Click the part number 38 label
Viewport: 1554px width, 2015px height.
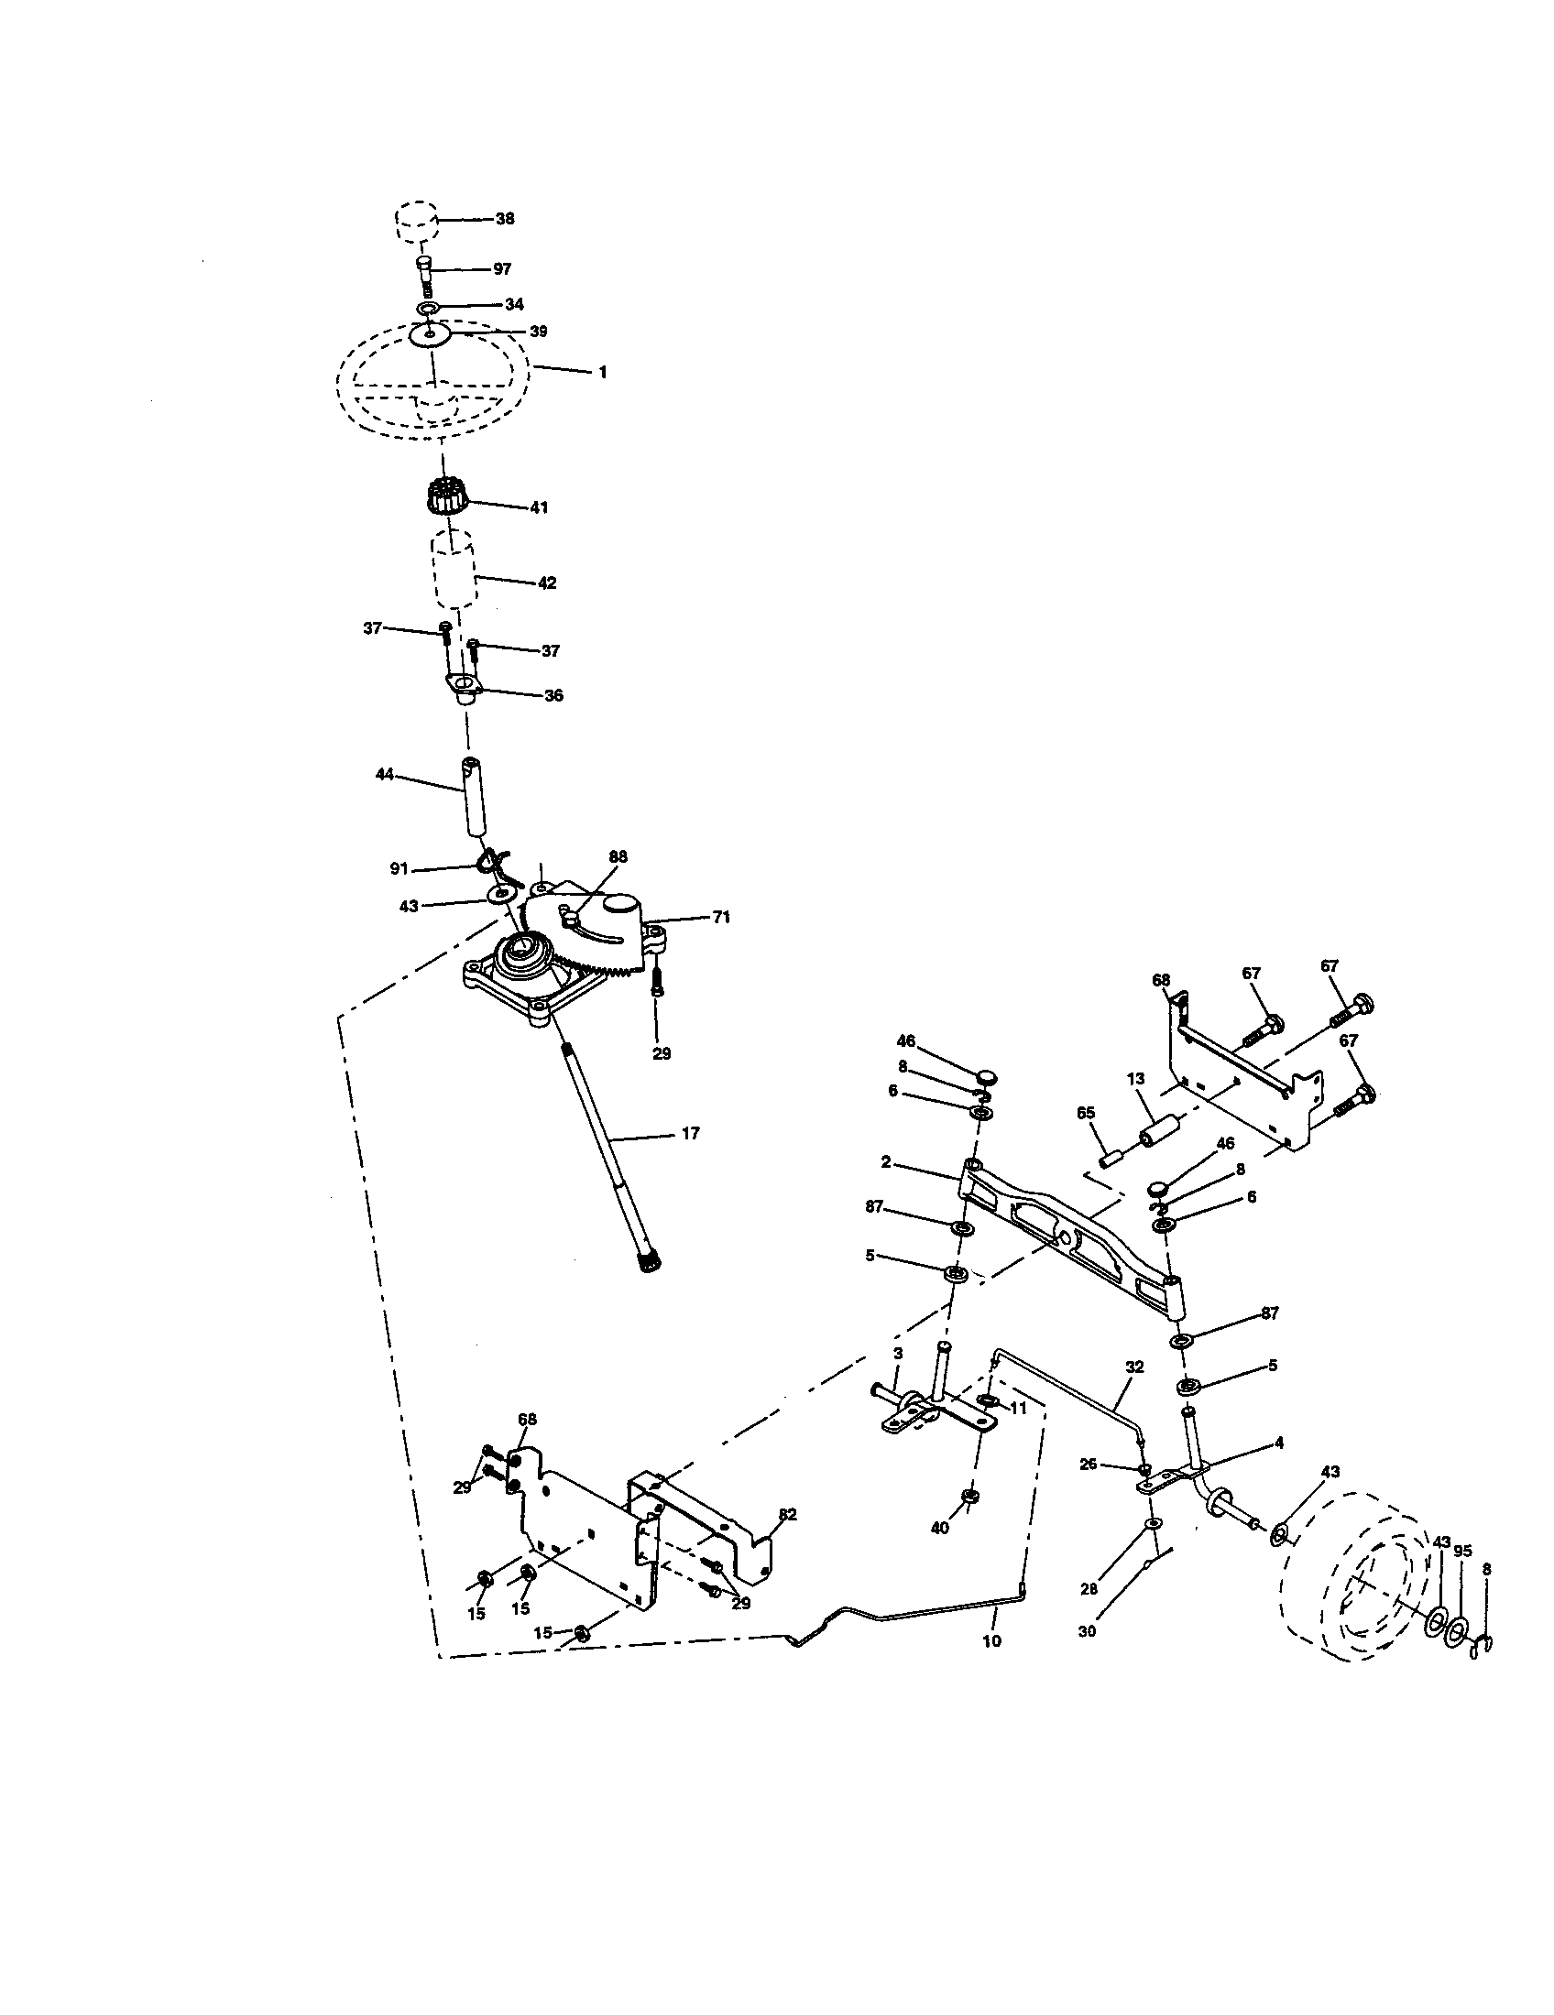[505, 219]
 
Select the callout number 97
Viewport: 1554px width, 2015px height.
[502, 269]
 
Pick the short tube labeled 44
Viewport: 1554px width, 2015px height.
[474, 796]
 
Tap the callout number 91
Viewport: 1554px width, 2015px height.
[399, 868]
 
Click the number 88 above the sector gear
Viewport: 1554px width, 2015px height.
[618, 856]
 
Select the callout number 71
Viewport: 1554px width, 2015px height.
[721, 917]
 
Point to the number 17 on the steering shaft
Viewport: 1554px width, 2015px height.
[690, 1133]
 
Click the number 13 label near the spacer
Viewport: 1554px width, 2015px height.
[1135, 1079]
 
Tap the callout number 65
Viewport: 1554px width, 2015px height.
[1085, 1113]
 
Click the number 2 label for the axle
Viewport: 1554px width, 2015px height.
[886, 1162]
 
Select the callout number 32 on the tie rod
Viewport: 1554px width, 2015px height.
[1134, 1367]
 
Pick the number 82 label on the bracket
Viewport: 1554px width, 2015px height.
[787, 1514]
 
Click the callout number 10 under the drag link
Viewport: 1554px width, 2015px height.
[992, 1641]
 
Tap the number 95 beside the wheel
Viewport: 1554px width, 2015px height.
[1462, 1552]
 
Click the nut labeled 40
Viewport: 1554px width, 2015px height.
[969, 1495]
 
